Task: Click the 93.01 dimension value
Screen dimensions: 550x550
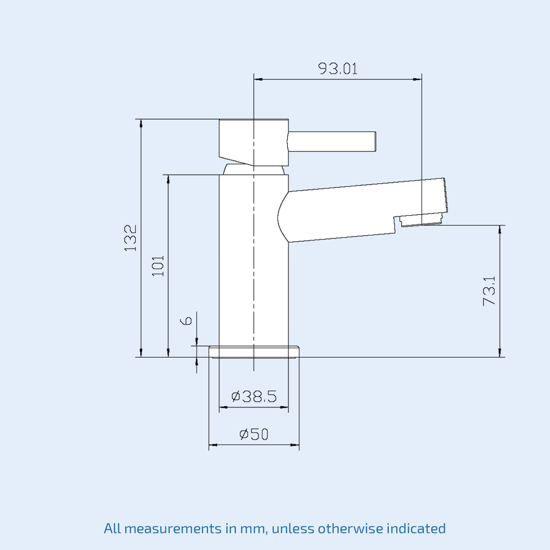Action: (338, 68)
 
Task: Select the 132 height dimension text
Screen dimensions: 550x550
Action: (131, 238)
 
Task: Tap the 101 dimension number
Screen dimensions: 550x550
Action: (158, 266)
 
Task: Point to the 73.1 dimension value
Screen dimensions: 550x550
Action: (489, 290)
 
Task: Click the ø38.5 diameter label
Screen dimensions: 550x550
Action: (254, 396)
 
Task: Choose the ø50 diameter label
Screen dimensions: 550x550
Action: (254, 434)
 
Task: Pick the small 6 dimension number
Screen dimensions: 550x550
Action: (186, 321)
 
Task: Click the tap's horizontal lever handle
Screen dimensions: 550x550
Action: (332, 141)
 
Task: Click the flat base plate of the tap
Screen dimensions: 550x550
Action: (254, 352)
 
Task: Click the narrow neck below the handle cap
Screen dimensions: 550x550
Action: (254, 170)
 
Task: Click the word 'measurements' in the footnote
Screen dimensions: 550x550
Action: (173, 529)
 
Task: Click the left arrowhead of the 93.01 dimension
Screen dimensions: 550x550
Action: (258, 79)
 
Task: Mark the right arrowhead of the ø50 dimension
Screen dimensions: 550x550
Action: (295, 445)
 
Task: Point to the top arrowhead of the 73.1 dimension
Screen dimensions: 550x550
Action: (500, 230)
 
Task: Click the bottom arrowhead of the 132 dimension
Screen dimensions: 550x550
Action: (141, 353)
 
